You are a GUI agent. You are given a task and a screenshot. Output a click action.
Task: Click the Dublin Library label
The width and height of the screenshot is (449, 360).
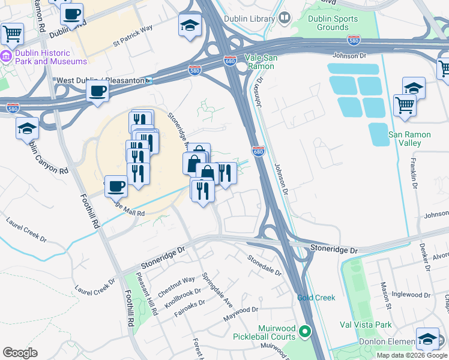(x=249, y=18)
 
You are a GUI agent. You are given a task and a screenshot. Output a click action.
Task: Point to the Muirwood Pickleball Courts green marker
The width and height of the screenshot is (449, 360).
(x=305, y=331)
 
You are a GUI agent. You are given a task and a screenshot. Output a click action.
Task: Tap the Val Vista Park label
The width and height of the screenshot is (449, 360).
(x=365, y=325)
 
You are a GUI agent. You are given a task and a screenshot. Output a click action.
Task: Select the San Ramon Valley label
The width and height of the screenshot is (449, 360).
(x=409, y=139)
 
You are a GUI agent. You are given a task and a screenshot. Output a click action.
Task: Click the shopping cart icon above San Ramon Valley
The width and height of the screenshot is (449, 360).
(x=405, y=104)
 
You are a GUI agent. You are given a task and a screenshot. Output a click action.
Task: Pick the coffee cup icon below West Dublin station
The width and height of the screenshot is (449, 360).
(x=97, y=91)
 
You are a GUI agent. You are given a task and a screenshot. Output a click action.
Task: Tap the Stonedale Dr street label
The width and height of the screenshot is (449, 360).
(x=265, y=265)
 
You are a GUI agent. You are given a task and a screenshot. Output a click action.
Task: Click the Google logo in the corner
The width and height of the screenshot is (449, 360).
(x=20, y=352)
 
